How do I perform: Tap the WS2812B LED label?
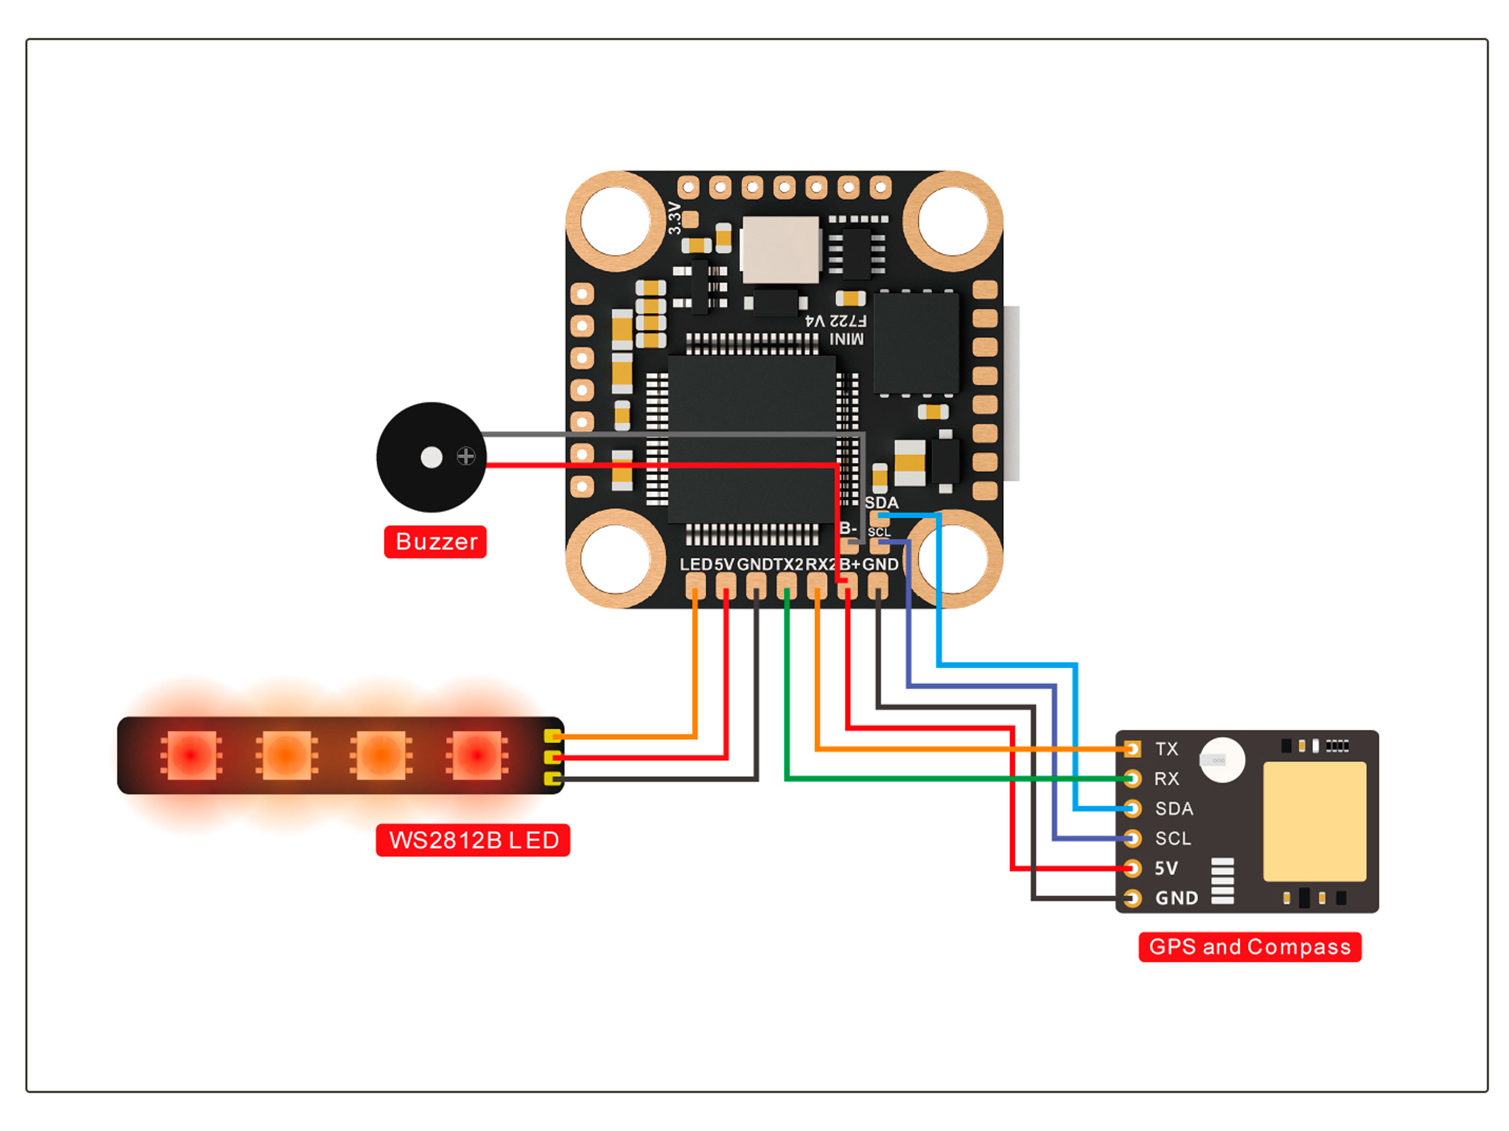click(473, 840)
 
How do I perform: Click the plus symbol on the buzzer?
click(466, 456)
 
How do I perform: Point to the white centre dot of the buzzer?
click(431, 457)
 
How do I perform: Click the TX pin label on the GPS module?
click(1166, 749)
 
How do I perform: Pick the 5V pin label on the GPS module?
click(1166, 868)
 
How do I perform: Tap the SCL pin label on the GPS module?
click(1172, 838)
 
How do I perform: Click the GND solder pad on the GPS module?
click(1132, 898)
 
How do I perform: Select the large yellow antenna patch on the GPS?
click(1314, 821)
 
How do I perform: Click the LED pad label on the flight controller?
click(695, 565)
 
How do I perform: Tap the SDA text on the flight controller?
click(881, 503)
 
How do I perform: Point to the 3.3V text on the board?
click(675, 218)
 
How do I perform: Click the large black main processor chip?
click(750, 440)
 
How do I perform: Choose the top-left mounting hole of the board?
click(615, 221)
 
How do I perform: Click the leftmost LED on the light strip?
click(191, 755)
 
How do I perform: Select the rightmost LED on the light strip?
click(477, 755)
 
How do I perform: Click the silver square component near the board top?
click(781, 249)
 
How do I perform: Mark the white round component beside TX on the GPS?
click(1222, 760)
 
